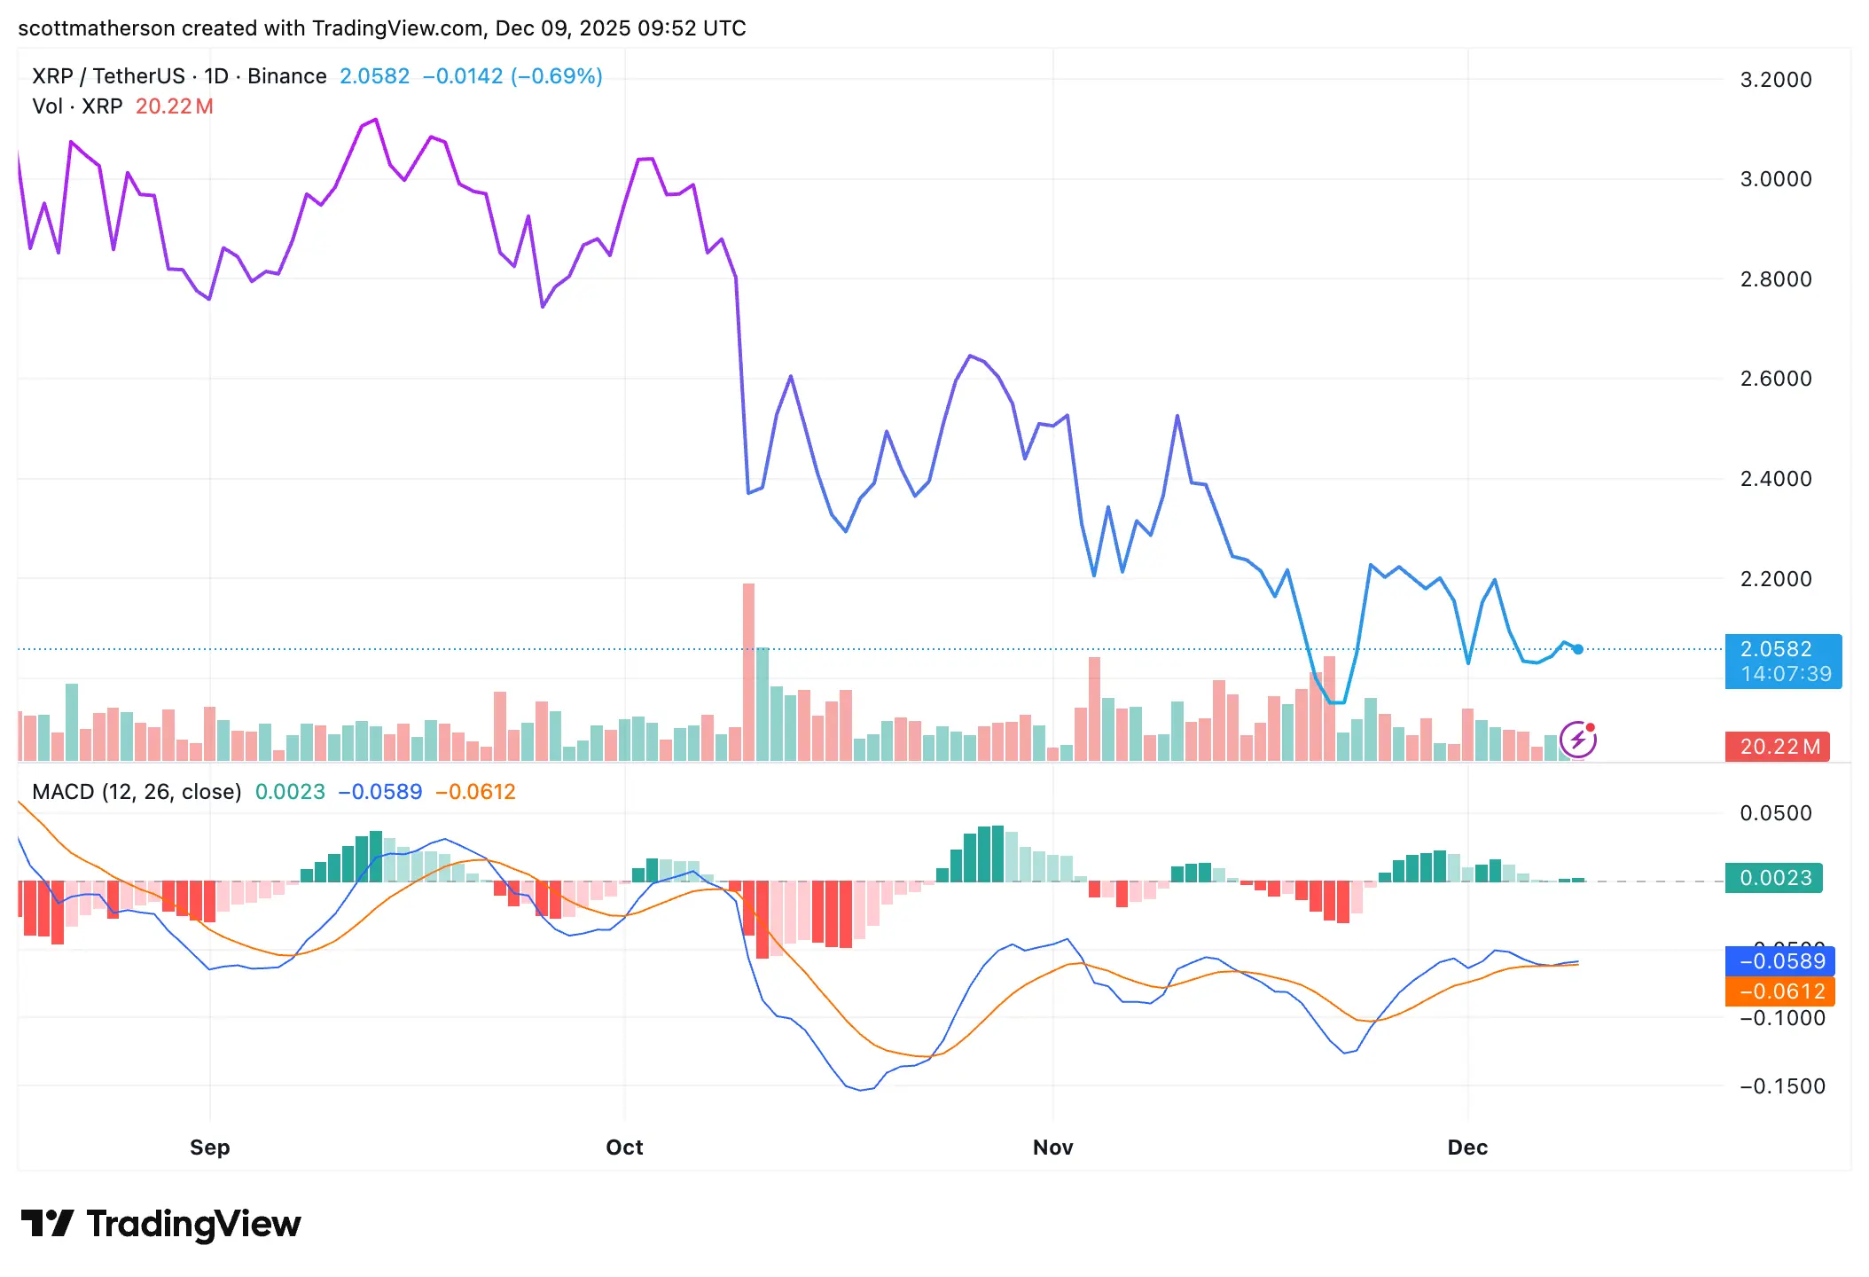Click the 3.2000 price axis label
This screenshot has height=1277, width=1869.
(1775, 80)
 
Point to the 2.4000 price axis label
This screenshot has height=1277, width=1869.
(1775, 479)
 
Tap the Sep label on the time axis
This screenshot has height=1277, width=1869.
(209, 1148)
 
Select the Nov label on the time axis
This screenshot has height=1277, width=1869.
(1052, 1148)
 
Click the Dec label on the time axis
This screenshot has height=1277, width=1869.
(1467, 1148)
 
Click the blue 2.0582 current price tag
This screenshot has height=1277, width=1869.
(1783, 661)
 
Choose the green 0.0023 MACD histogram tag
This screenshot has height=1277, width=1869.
(1773, 878)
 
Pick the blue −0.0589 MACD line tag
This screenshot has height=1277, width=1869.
(1779, 961)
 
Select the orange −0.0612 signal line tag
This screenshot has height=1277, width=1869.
(1779, 991)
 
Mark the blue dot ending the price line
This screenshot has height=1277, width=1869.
(1578, 649)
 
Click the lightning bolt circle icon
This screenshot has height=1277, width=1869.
(1578, 740)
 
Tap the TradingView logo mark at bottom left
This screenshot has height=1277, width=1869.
(47, 1224)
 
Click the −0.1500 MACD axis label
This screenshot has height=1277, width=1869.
(1782, 1086)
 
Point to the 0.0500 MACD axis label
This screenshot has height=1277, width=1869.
(1775, 813)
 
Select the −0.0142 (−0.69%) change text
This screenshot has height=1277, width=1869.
(512, 76)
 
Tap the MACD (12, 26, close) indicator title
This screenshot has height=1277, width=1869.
(137, 792)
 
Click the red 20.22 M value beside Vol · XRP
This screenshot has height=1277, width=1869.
(174, 106)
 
